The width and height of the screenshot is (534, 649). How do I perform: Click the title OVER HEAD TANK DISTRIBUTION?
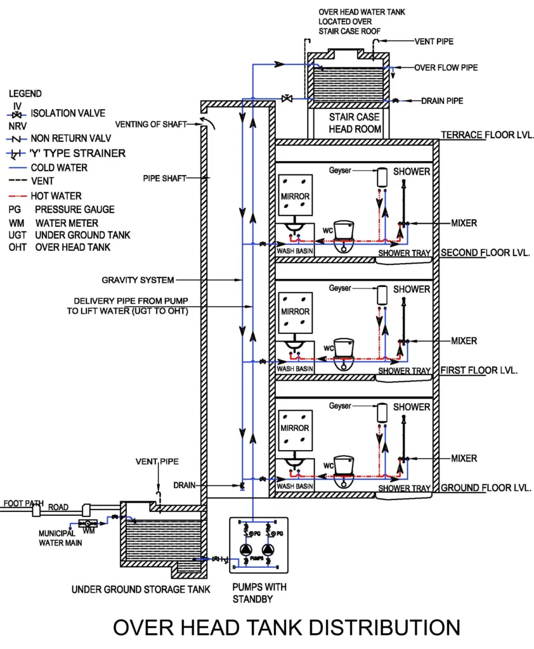(287, 627)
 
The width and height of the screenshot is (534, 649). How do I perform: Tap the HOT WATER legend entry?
(56, 196)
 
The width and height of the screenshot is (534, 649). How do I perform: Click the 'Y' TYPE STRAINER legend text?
(77, 153)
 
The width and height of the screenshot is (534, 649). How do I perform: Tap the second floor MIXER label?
(464, 223)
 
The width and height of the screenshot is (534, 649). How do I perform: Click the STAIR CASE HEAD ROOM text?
(354, 123)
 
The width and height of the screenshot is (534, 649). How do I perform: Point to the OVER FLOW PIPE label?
(446, 67)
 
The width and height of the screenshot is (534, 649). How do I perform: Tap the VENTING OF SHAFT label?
(151, 124)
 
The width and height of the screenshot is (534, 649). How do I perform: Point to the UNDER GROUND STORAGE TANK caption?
(140, 589)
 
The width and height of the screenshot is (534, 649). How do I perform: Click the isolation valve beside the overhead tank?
(287, 98)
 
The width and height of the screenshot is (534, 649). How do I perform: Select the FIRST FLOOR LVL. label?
(479, 369)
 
